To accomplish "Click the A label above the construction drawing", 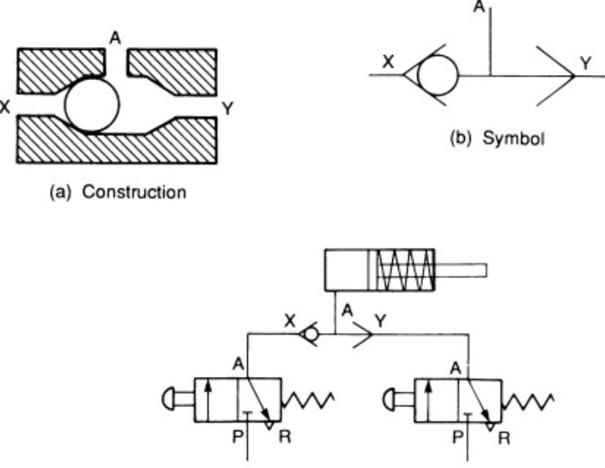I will [116, 37].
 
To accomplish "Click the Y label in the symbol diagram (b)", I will [584, 62].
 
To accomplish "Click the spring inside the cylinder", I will [404, 269].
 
